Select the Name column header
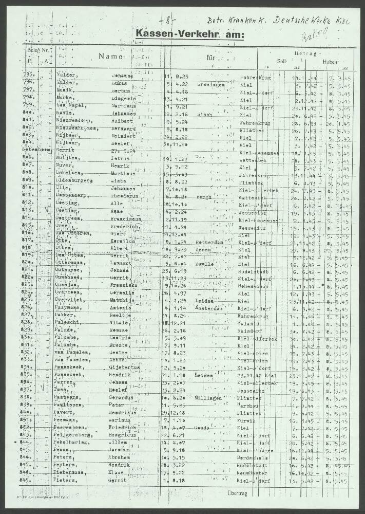pos(111,57)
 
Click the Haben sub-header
pos(330,62)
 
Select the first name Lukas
pos(122,84)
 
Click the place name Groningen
pos(209,83)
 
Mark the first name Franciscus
pos(127,218)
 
